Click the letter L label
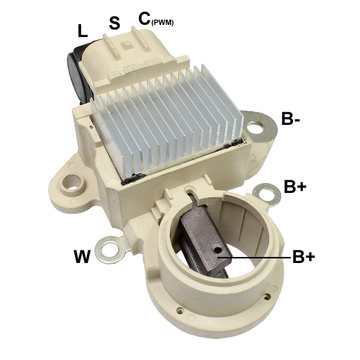82,31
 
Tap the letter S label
115,23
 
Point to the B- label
293,120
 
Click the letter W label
81,256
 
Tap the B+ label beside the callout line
304,257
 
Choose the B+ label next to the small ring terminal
295,187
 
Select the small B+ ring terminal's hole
268,191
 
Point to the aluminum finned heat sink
168,122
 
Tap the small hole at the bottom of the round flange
179,309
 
